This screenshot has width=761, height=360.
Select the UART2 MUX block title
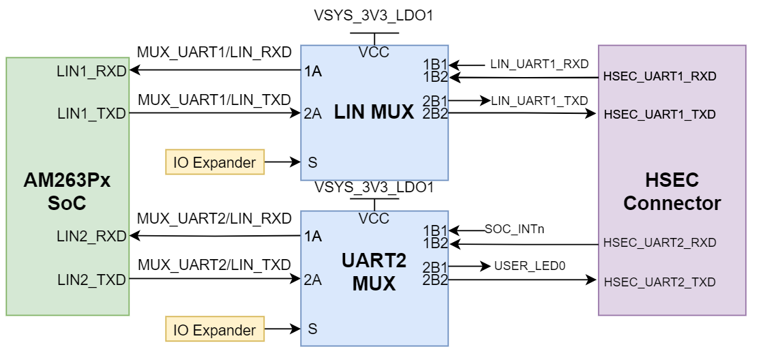pyautogui.click(x=374, y=272)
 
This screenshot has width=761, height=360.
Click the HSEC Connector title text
pyautogui.click(x=672, y=192)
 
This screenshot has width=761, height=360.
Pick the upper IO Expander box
pyautogui.click(x=215, y=162)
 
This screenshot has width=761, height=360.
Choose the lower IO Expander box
pyautogui.click(x=215, y=330)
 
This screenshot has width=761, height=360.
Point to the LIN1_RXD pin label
pyautogui.click(x=92, y=70)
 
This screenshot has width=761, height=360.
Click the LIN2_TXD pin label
pyautogui.click(x=92, y=280)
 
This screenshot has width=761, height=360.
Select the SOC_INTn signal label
pyautogui.click(x=514, y=229)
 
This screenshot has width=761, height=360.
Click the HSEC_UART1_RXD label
pyautogui.click(x=659, y=77)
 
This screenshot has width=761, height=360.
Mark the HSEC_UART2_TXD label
pyautogui.click(x=659, y=282)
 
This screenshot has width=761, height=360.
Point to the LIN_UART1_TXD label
pyautogui.click(x=539, y=101)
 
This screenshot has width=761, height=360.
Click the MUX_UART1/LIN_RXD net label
pyautogui.click(x=214, y=52)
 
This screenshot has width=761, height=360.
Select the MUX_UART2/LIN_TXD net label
pyautogui.click(x=214, y=265)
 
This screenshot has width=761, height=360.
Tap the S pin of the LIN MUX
pyautogui.click(x=313, y=162)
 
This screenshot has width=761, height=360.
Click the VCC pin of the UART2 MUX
pyautogui.click(x=374, y=219)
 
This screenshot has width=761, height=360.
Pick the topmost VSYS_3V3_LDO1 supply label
pyautogui.click(x=374, y=14)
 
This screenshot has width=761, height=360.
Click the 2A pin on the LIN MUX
pyautogui.click(x=313, y=113)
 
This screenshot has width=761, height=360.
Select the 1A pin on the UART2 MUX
pyautogui.click(x=313, y=237)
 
